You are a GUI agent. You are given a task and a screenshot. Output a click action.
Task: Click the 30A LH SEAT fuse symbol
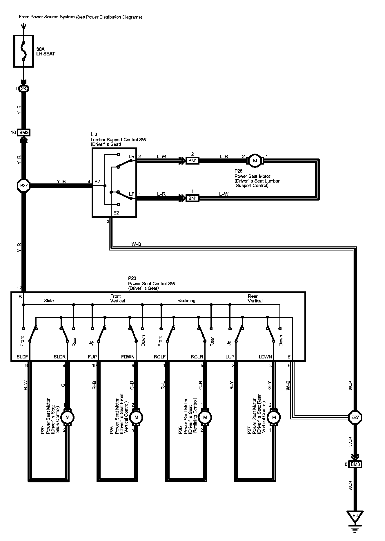[x=23, y=51]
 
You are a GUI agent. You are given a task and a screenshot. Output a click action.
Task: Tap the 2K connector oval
[x=23, y=89]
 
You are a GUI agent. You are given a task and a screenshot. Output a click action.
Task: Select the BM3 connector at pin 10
[x=24, y=133]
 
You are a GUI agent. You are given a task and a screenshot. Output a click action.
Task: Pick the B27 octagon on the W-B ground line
[x=355, y=418]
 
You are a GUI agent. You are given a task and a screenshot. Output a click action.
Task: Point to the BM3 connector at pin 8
[x=355, y=464]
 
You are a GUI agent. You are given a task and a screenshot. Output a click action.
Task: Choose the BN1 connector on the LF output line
[x=192, y=198]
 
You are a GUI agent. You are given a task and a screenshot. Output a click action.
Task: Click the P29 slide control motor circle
[x=68, y=417]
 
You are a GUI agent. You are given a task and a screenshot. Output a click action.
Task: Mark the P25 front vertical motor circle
[x=136, y=417]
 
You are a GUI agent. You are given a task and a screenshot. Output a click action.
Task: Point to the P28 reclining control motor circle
[x=205, y=417]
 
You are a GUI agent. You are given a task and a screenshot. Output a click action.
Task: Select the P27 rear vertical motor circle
[x=273, y=417]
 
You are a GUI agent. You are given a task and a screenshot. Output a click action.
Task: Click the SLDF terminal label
[x=22, y=357]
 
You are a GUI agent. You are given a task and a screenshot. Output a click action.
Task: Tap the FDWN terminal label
[x=128, y=357]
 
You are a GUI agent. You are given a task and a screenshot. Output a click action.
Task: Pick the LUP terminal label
[x=230, y=357]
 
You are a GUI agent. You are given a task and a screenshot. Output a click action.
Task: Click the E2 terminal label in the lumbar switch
[x=116, y=213]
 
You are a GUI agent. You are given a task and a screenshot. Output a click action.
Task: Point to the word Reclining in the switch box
[x=186, y=301]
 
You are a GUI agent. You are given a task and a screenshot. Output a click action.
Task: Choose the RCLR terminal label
[x=197, y=357]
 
